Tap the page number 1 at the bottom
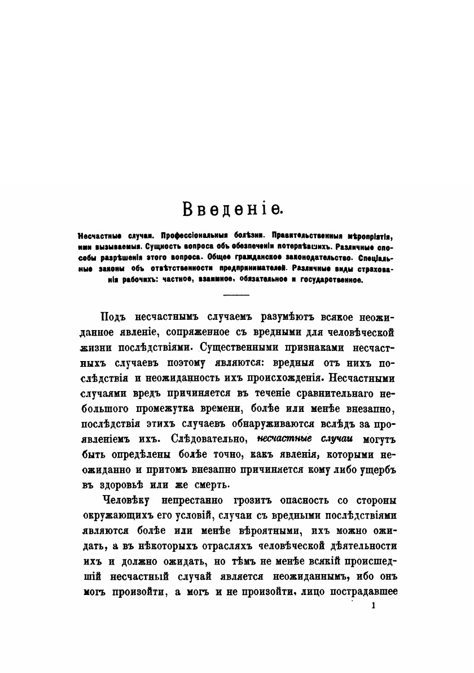374,606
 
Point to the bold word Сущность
164,246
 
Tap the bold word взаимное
211,279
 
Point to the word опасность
296,500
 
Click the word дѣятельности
363,546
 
